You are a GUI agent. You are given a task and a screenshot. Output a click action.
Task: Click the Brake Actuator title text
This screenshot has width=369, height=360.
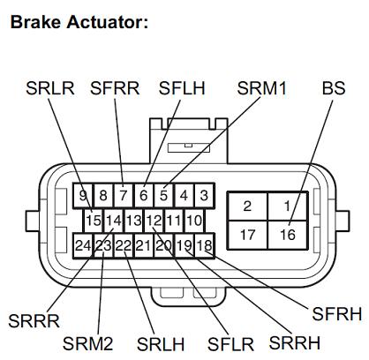[x=79, y=22]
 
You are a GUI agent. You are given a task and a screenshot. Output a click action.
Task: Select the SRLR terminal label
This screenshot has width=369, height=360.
[x=50, y=88]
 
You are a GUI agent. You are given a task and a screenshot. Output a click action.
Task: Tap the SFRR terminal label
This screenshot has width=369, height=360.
[x=115, y=88]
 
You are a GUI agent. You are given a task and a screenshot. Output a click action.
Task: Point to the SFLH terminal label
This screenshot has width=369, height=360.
[x=182, y=88]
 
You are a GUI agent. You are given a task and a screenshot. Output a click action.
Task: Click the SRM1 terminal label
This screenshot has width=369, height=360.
[x=261, y=88]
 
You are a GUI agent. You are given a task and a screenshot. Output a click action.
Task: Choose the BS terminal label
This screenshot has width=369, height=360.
[x=334, y=88]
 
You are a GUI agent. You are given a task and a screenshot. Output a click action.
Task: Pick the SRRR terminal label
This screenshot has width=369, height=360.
[x=34, y=321]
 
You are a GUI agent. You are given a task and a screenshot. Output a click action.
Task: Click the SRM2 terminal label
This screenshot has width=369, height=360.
[x=87, y=343]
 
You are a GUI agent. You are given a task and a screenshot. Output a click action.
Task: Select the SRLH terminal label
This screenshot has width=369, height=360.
[x=161, y=344]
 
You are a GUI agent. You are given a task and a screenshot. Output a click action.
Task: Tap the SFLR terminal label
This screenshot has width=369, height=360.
[x=230, y=344]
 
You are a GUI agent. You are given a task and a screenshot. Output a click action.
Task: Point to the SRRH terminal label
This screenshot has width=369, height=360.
[x=295, y=342]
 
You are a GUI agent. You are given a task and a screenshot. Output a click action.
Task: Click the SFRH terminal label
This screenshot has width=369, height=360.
[x=336, y=314]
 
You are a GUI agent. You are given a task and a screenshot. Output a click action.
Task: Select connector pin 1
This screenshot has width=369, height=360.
[x=288, y=206]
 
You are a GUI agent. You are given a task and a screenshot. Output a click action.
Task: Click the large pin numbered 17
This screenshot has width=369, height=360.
[x=247, y=235]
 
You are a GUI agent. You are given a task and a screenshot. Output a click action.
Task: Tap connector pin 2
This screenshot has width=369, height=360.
[x=247, y=206]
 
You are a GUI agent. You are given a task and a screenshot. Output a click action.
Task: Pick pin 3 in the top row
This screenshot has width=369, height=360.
[x=204, y=195]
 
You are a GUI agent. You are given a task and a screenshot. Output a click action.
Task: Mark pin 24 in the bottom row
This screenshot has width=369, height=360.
[x=83, y=245]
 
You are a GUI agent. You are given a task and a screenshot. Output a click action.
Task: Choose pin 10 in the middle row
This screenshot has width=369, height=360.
[x=194, y=221]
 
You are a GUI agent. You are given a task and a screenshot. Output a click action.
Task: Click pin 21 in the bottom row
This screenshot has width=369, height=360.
[x=144, y=245]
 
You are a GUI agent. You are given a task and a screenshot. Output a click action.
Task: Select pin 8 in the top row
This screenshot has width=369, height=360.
[x=103, y=195]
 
